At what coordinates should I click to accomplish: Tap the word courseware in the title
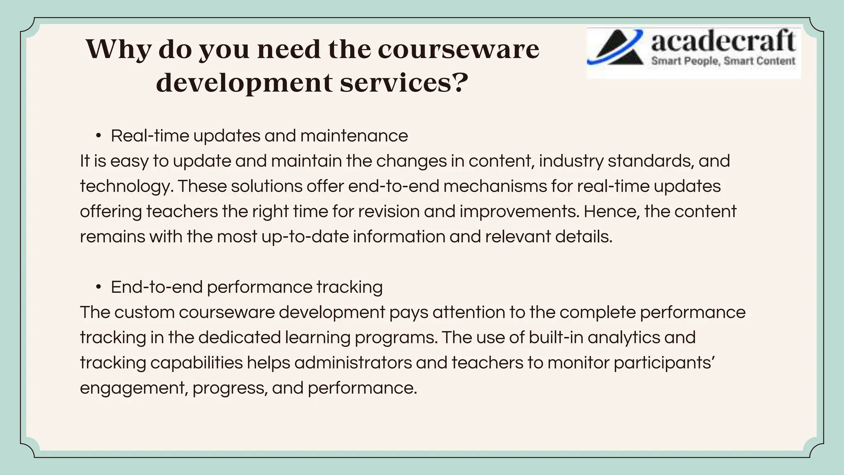click(458, 49)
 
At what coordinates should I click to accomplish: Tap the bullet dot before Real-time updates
click(98, 136)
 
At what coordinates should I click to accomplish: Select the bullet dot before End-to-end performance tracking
click(98, 287)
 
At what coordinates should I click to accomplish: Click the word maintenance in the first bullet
click(354, 136)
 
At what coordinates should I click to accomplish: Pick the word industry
click(571, 161)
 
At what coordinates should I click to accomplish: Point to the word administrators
click(353, 363)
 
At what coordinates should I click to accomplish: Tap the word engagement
click(133, 388)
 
